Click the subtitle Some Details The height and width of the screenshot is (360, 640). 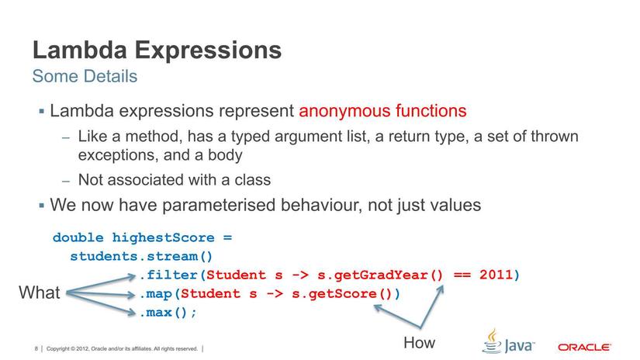[85, 77]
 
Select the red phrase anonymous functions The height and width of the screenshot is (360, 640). [382, 111]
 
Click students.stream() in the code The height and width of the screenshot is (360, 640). [141, 256]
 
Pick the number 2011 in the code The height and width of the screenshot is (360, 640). [495, 275]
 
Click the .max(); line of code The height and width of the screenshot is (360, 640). [168, 312]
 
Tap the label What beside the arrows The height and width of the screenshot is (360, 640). [40, 293]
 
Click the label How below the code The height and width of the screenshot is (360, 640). [419, 342]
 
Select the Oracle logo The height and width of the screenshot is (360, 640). [584, 347]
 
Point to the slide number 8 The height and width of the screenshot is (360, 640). [36, 349]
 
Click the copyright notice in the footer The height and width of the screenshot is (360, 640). [123, 349]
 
